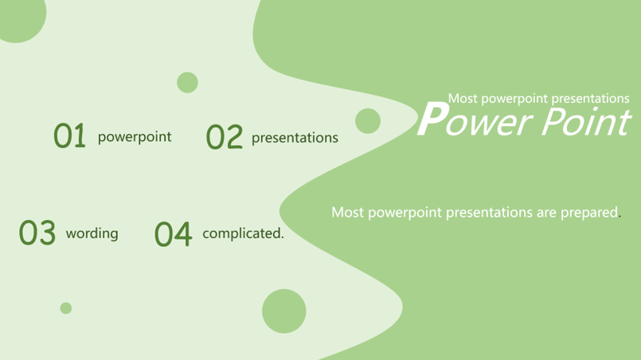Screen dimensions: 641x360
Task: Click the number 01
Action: pyautogui.click(x=69, y=135)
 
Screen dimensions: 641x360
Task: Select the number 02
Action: pyautogui.click(x=225, y=137)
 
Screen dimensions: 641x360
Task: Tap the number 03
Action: pyautogui.click(x=37, y=233)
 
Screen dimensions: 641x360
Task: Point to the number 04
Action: pyautogui.click(x=173, y=234)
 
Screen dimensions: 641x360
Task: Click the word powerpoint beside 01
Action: pyautogui.click(x=135, y=137)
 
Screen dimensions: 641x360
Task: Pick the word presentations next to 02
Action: pyautogui.click(x=295, y=139)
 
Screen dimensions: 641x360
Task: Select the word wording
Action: pyautogui.click(x=92, y=233)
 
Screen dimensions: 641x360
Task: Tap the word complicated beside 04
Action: pyautogui.click(x=243, y=233)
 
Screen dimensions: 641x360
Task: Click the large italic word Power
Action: pyautogui.click(x=475, y=120)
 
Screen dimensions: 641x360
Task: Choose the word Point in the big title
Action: pyautogui.click(x=586, y=121)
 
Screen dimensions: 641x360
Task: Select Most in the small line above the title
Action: pyautogui.click(x=463, y=99)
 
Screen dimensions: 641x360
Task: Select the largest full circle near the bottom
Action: pyautogui.click(x=284, y=311)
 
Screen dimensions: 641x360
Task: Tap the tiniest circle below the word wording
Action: pyautogui.click(x=66, y=308)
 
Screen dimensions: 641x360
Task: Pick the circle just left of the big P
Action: pyautogui.click(x=368, y=121)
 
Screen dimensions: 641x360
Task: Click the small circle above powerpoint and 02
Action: pyautogui.click(x=187, y=83)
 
